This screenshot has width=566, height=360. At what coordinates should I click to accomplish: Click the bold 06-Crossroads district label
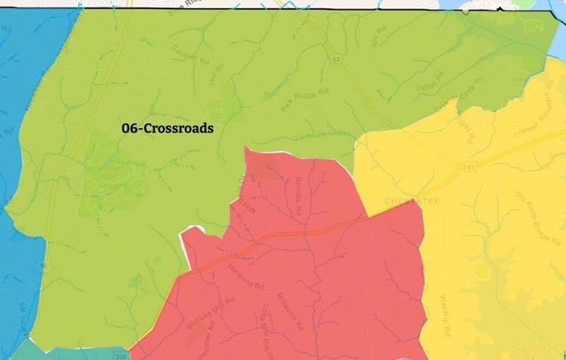tap(168, 128)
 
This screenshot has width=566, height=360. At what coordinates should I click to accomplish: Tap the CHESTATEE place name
tap(411, 202)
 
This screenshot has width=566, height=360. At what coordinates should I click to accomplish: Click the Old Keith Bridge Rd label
tap(534, 218)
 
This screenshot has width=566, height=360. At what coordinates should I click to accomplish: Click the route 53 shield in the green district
tap(335, 58)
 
